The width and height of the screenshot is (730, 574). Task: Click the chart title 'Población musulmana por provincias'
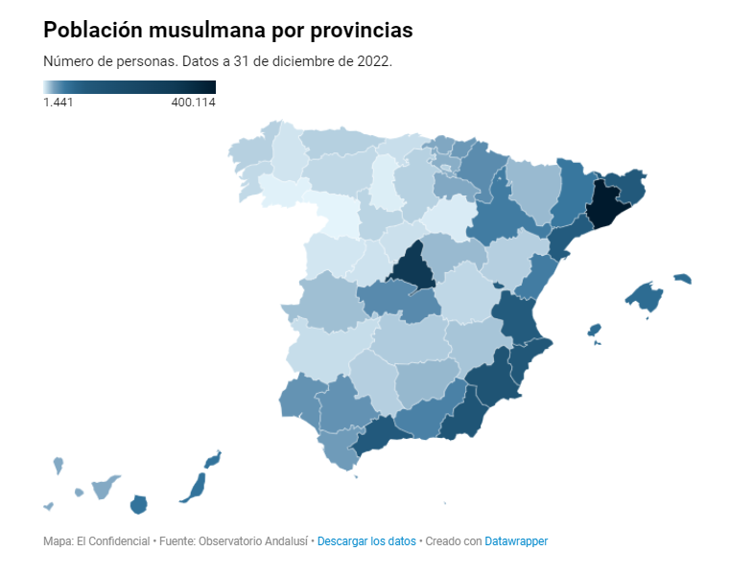click(x=228, y=31)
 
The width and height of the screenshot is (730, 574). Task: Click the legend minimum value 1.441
click(x=59, y=103)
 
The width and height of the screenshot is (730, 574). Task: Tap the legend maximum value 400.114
click(x=193, y=103)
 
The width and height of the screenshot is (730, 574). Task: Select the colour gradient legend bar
click(x=129, y=86)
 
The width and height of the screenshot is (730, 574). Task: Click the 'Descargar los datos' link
click(x=366, y=541)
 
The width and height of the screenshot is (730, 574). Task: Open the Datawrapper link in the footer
click(x=516, y=541)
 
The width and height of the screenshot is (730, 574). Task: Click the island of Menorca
click(x=682, y=279)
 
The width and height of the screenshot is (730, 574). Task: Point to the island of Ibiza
click(x=595, y=330)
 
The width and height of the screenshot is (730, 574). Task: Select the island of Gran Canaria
click(x=138, y=504)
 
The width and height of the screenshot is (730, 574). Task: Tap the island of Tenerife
click(x=102, y=488)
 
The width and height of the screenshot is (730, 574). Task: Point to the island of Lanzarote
click(x=213, y=459)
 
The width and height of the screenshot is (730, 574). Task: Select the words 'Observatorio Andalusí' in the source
click(x=253, y=541)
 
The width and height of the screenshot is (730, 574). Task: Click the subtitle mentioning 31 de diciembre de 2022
click(x=218, y=60)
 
